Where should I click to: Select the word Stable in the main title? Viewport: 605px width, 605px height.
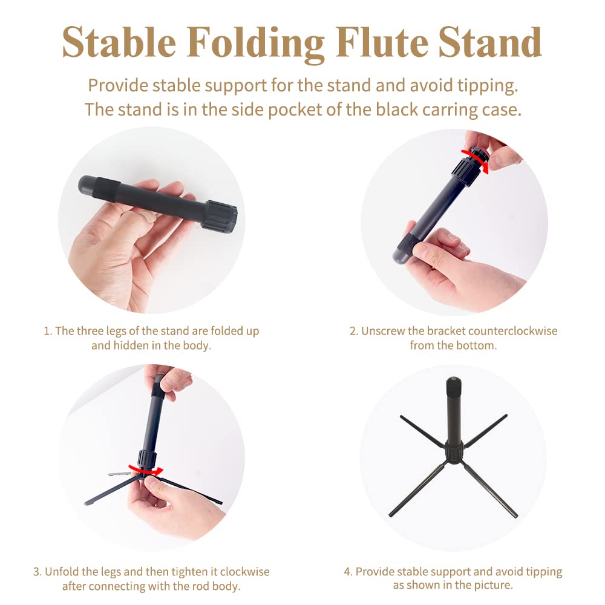click(x=119, y=42)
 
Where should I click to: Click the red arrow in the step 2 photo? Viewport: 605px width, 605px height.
click(x=476, y=160)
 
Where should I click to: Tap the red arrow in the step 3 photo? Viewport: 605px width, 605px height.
click(x=145, y=471)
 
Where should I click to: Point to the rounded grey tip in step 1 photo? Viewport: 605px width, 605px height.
click(x=87, y=184)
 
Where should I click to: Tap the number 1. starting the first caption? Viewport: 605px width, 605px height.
click(x=48, y=331)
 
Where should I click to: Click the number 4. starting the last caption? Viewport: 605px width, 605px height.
click(x=348, y=572)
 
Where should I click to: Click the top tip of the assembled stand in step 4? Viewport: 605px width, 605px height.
click(x=453, y=380)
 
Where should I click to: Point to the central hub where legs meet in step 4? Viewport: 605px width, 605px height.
click(x=454, y=452)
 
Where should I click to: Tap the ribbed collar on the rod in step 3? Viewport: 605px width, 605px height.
click(x=147, y=458)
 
